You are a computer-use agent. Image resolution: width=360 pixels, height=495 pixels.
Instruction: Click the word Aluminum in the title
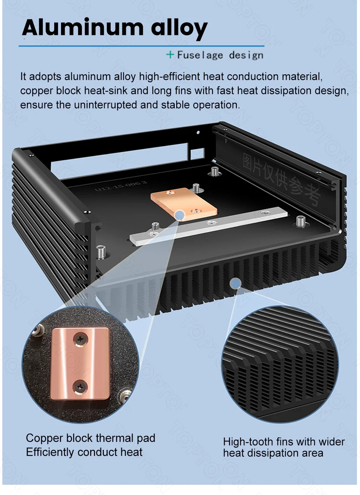[83, 27]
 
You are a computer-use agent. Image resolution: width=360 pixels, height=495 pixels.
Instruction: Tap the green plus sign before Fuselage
[170, 54]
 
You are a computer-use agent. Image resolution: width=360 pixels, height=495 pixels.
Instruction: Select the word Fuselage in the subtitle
[200, 55]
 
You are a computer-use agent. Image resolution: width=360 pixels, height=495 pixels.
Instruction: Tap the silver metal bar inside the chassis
[208, 226]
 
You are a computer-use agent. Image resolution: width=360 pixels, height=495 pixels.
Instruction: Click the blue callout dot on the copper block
[180, 215]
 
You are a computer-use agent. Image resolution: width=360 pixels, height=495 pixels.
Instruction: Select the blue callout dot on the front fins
[235, 283]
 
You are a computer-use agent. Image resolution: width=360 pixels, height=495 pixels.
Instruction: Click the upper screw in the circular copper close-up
[81, 339]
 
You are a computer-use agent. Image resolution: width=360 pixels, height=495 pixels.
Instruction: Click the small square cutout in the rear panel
[197, 154]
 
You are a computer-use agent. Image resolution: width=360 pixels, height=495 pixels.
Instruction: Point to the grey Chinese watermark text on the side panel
[282, 178]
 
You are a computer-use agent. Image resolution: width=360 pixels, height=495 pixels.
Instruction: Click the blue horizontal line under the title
[141, 46]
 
